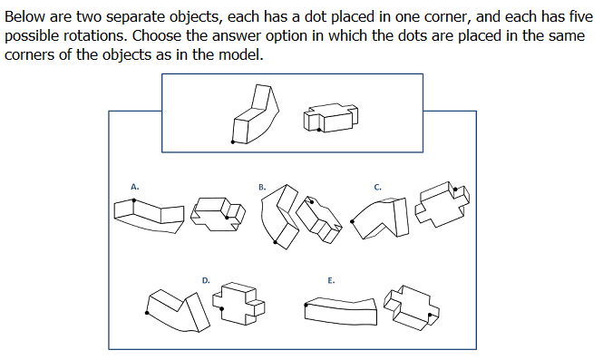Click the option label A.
pyautogui.click(x=134, y=187)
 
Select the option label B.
pyautogui.click(x=262, y=188)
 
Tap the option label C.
pyautogui.click(x=377, y=188)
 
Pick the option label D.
pyautogui.click(x=206, y=280)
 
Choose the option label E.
pyautogui.click(x=331, y=280)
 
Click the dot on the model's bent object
pyautogui.click(x=233, y=142)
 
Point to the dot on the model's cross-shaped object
pyautogui.click(x=319, y=130)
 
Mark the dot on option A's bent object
pyautogui.click(x=134, y=200)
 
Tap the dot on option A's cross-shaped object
pyautogui.click(x=227, y=218)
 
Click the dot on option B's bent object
pyautogui.click(x=275, y=242)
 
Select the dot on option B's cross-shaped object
pyautogui.click(x=312, y=202)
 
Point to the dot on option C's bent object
pyautogui.click(x=352, y=221)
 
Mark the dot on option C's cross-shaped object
pyautogui.click(x=456, y=190)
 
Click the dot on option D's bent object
pyautogui.click(x=147, y=313)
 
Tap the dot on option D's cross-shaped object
pyautogui.click(x=222, y=308)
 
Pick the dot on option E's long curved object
pyautogui.click(x=306, y=305)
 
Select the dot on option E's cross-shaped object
pyautogui.click(x=430, y=315)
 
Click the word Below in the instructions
pyautogui.click(x=25, y=17)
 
